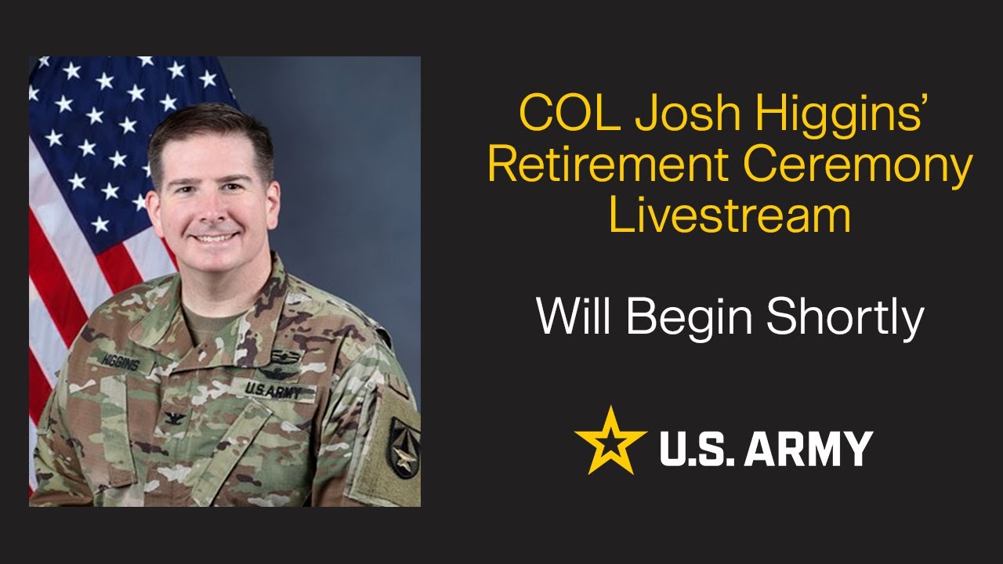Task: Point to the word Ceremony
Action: [857, 166]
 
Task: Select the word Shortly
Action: [845, 318]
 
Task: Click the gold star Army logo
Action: [610, 441]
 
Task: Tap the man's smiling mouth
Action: [215, 237]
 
